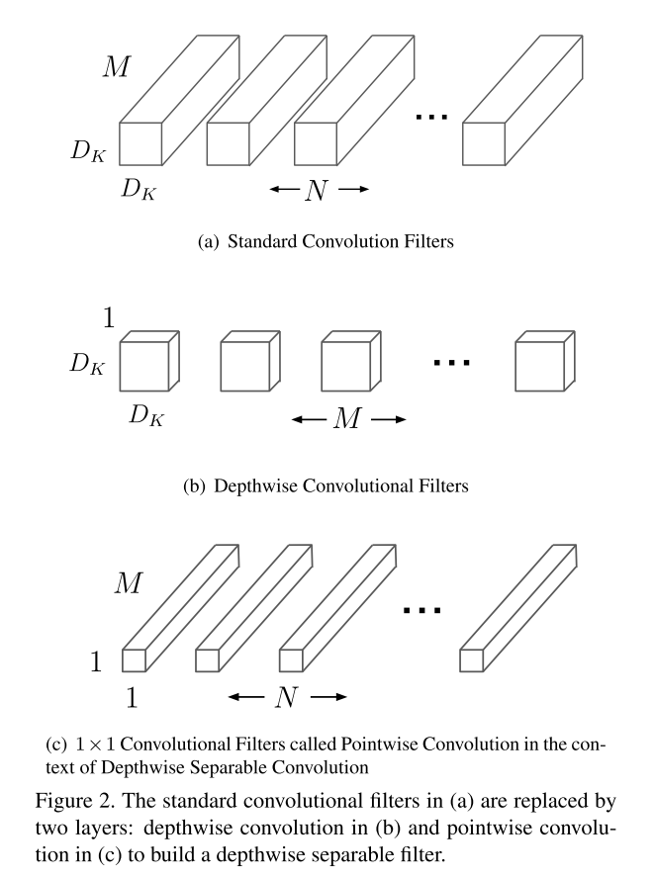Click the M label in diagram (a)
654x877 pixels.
click(120, 67)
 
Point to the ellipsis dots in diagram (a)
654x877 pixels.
click(432, 118)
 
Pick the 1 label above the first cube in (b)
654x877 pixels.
click(109, 318)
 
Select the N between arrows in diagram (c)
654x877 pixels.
click(287, 697)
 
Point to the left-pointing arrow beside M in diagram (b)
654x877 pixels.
click(308, 419)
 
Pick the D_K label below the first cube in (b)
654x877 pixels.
click(143, 416)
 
